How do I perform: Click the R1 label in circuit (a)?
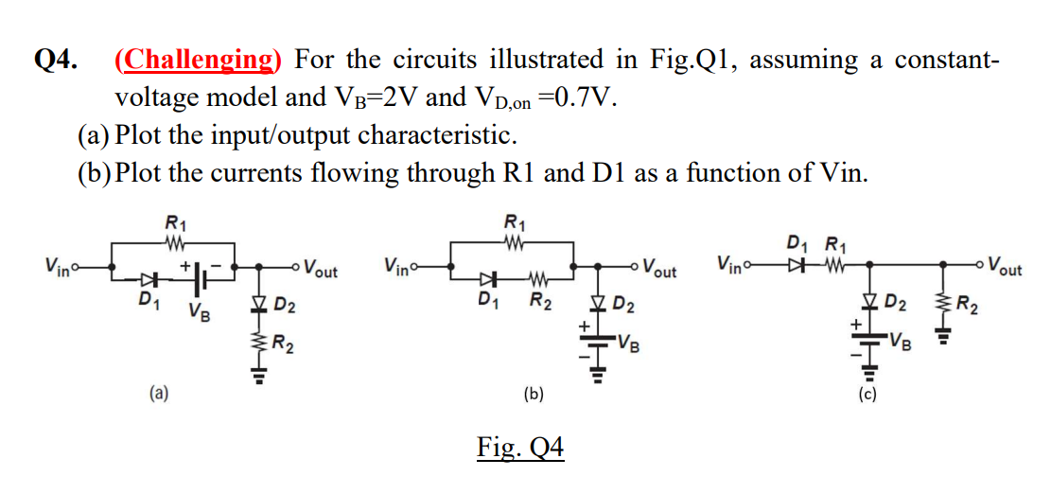tap(176, 223)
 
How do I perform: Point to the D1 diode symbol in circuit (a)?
tap(146, 281)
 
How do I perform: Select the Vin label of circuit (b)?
tap(400, 264)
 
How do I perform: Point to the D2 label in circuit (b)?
tap(624, 305)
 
